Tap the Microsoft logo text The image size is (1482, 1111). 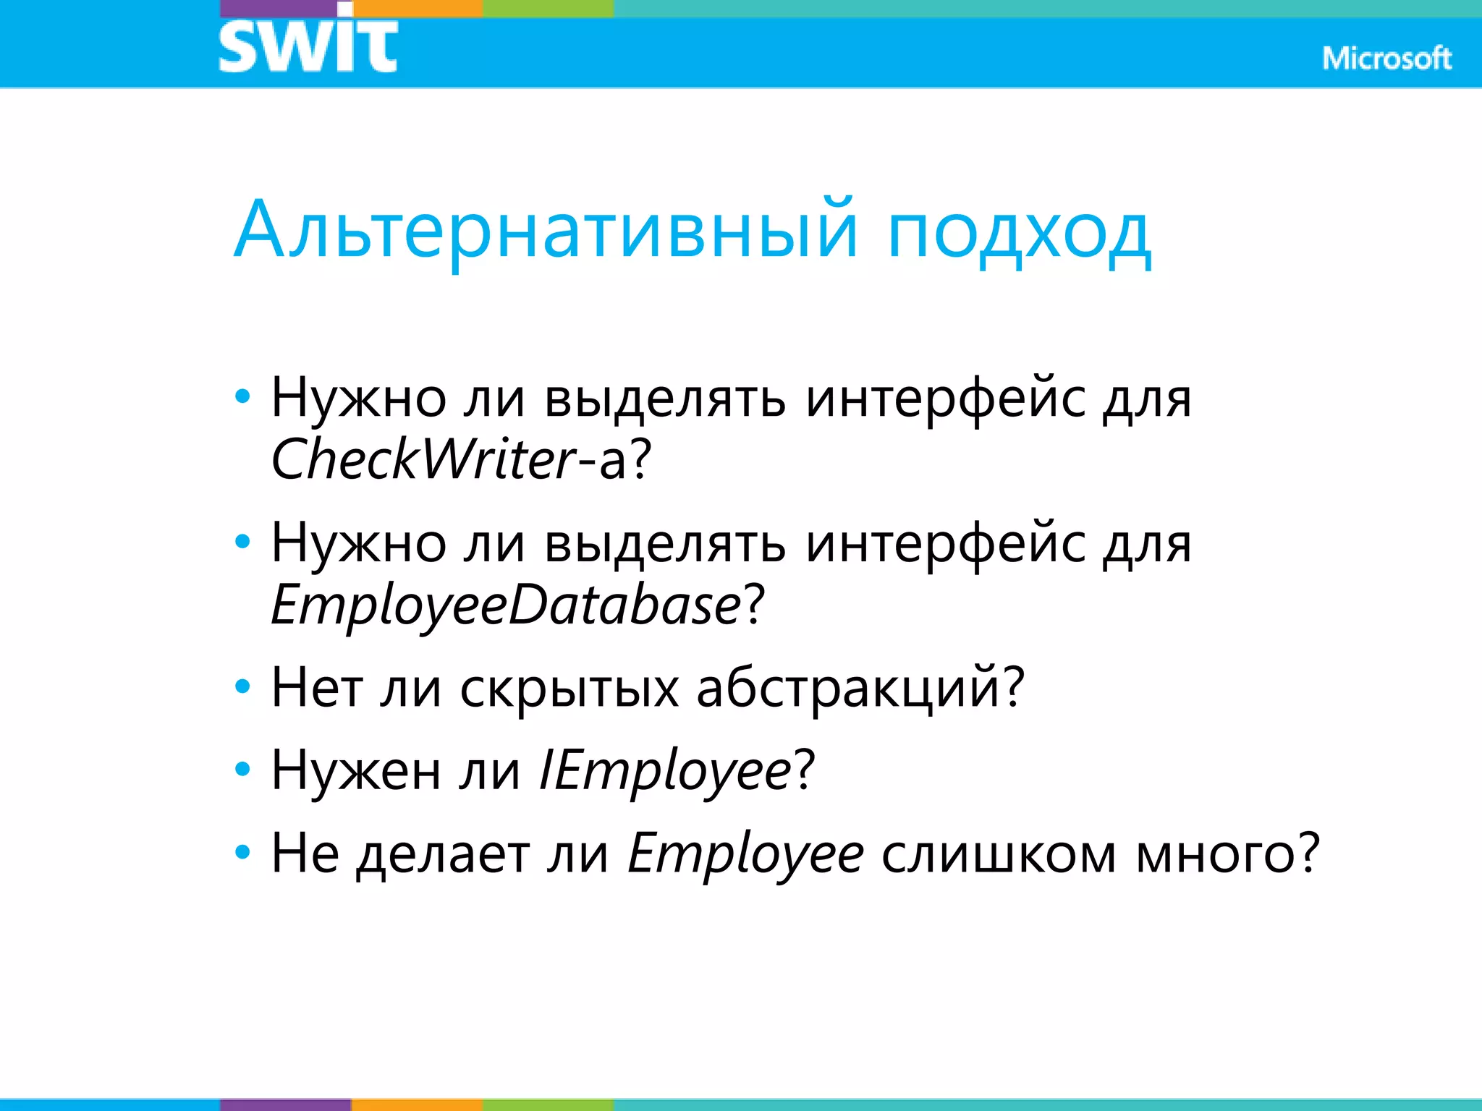click(1386, 59)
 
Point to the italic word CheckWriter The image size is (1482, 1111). click(423, 459)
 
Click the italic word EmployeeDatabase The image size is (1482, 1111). click(505, 604)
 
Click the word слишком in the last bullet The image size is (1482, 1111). click(999, 854)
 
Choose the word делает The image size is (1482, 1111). click(443, 854)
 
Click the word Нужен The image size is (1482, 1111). click(355, 770)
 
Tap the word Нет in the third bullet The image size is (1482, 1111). click(317, 687)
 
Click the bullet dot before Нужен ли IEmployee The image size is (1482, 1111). click(243, 769)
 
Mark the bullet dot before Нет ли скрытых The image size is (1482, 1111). click(243, 686)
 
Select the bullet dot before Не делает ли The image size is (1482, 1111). click(243, 852)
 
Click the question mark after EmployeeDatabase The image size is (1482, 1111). click(753, 604)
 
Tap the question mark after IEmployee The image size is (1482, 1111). click(805, 770)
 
